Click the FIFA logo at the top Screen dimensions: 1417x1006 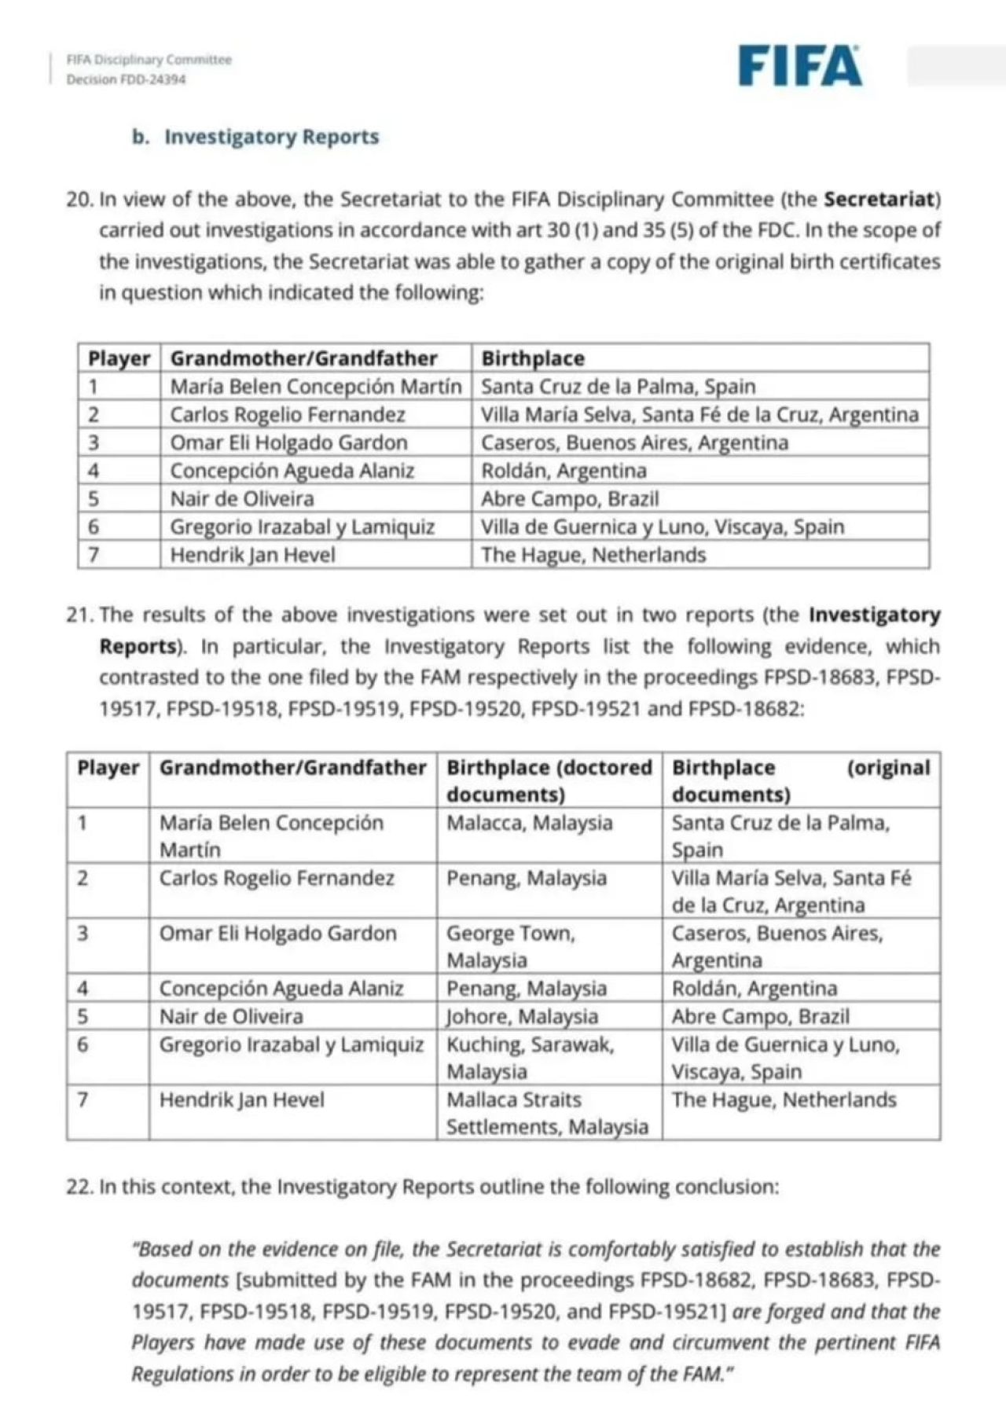(800, 65)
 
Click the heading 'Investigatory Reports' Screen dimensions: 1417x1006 (271, 137)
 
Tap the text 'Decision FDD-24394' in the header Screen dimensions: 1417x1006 (126, 79)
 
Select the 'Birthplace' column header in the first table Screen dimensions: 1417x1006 (533, 358)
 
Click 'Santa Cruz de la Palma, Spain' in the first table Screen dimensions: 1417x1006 (618, 387)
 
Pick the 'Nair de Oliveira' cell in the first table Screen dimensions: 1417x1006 (242, 499)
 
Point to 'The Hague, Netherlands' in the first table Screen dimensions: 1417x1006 (593, 555)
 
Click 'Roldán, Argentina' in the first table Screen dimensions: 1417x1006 (564, 471)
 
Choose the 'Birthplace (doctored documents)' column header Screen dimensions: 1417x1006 (549, 780)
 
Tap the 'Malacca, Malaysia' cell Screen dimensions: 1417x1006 (529, 823)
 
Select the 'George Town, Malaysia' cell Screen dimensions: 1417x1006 (511, 946)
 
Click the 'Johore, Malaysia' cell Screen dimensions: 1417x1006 (522, 1016)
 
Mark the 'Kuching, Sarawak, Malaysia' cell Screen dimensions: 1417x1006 (530, 1058)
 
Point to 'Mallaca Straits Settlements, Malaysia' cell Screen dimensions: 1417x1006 (547, 1113)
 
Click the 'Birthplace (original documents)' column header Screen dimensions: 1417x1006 (800, 780)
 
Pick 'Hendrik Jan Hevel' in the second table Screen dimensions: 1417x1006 (241, 1099)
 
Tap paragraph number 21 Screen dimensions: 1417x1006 (79, 615)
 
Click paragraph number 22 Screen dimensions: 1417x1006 (79, 1186)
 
